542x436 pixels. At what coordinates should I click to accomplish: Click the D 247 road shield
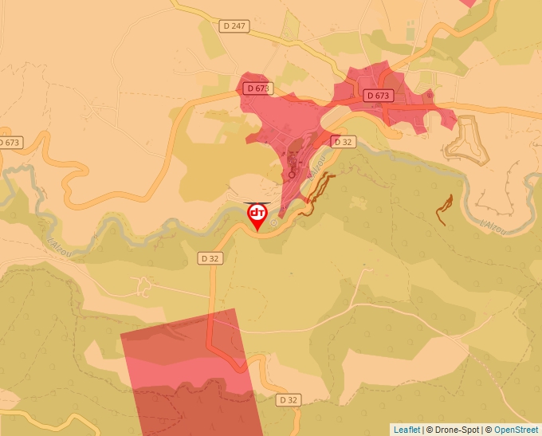pyautogui.click(x=235, y=26)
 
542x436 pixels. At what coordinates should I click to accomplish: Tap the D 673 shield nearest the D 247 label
pyautogui.click(x=257, y=88)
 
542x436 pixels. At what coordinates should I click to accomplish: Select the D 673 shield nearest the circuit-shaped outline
pyautogui.click(x=380, y=96)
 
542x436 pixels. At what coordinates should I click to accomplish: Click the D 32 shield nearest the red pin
pyautogui.click(x=210, y=258)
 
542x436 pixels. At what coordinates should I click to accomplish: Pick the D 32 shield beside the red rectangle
pyautogui.click(x=288, y=399)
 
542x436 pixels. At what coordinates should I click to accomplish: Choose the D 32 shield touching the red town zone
pyautogui.click(x=343, y=142)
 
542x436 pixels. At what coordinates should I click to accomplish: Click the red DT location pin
pyautogui.click(x=257, y=215)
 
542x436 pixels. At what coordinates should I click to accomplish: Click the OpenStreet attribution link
pyautogui.click(x=516, y=430)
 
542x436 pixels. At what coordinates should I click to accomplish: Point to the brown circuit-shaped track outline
pyautogui.click(x=465, y=142)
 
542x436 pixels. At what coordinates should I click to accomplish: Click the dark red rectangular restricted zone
pyautogui.click(x=191, y=375)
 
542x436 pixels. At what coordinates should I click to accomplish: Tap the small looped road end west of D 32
pyautogui.click(x=143, y=285)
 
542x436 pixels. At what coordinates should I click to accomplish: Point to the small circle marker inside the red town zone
pyautogui.click(x=292, y=173)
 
